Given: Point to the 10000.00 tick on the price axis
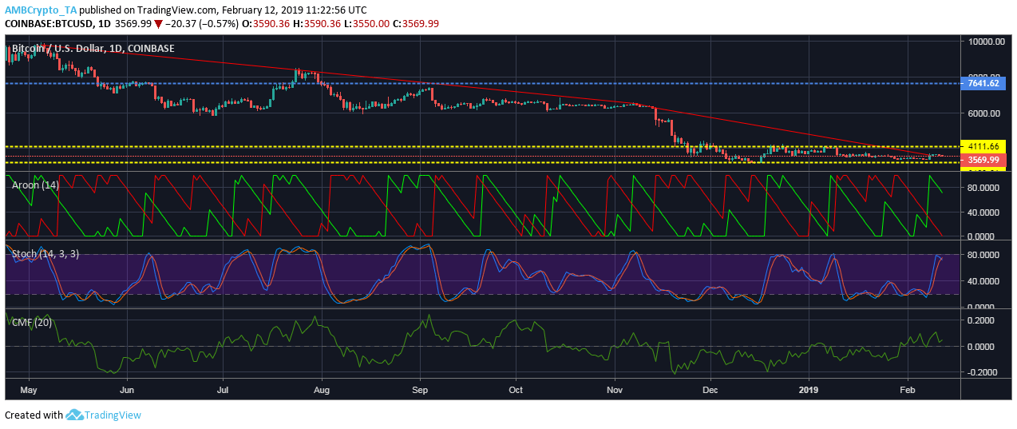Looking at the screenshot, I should tap(987, 42).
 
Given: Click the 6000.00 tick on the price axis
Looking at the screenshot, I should tap(987, 113).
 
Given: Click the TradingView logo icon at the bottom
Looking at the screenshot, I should tap(75, 415).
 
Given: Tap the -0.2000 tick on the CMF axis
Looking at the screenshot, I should tap(987, 372).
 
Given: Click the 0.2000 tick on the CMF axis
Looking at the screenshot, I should tap(987, 320).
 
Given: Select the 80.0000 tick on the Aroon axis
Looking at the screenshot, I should tap(987, 188).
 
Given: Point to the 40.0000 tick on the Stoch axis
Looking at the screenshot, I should tap(987, 281).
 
